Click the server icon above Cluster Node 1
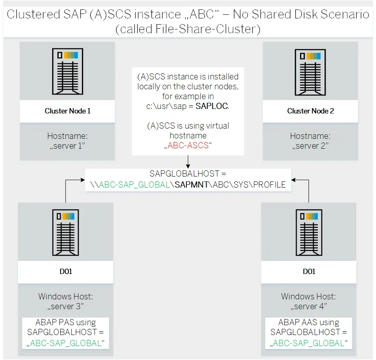click(67, 72)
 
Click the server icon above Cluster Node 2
click(310, 72)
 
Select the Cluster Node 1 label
click(67, 111)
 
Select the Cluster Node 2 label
click(310, 111)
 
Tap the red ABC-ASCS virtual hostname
click(188, 145)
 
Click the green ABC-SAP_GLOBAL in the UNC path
click(134, 185)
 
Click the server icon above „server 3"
click(66, 232)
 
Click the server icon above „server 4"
click(309, 232)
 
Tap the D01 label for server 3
click(66, 272)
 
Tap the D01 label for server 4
click(309, 272)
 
